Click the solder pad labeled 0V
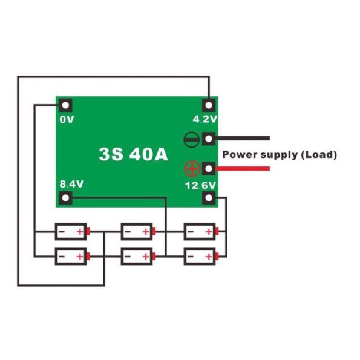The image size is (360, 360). click(x=66, y=105)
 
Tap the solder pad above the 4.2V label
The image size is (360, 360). click(x=209, y=105)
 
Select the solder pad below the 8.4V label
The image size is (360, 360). click(x=66, y=198)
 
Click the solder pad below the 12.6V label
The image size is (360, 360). click(x=209, y=198)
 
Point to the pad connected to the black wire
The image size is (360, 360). click(x=209, y=139)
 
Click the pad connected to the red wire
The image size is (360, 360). click(x=209, y=169)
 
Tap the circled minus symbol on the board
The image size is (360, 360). click(x=191, y=139)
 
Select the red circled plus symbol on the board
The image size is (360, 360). click(x=192, y=169)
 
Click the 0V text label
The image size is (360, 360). click(x=67, y=120)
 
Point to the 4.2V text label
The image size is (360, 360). click(x=205, y=119)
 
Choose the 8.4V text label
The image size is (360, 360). click(x=71, y=184)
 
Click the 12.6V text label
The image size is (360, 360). click(x=200, y=185)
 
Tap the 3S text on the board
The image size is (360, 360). click(x=111, y=154)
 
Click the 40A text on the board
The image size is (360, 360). click(x=149, y=154)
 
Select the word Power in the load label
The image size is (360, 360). click(x=240, y=154)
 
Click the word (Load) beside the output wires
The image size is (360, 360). click(x=319, y=154)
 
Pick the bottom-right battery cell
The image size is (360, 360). click(x=201, y=257)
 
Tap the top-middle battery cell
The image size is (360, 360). click(x=138, y=232)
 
